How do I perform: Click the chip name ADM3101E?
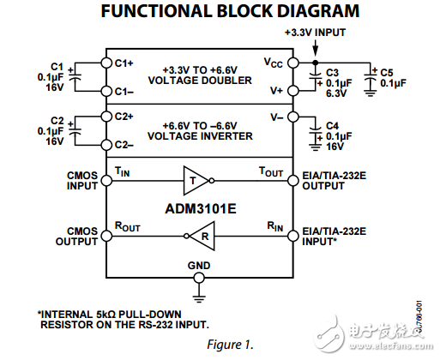tap(199, 207)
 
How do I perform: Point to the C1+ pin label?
tap(125, 63)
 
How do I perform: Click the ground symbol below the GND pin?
tap(199, 297)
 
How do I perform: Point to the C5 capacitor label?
tap(387, 72)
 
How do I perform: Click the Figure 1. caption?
tap(231, 345)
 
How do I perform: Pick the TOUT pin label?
tap(272, 171)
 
